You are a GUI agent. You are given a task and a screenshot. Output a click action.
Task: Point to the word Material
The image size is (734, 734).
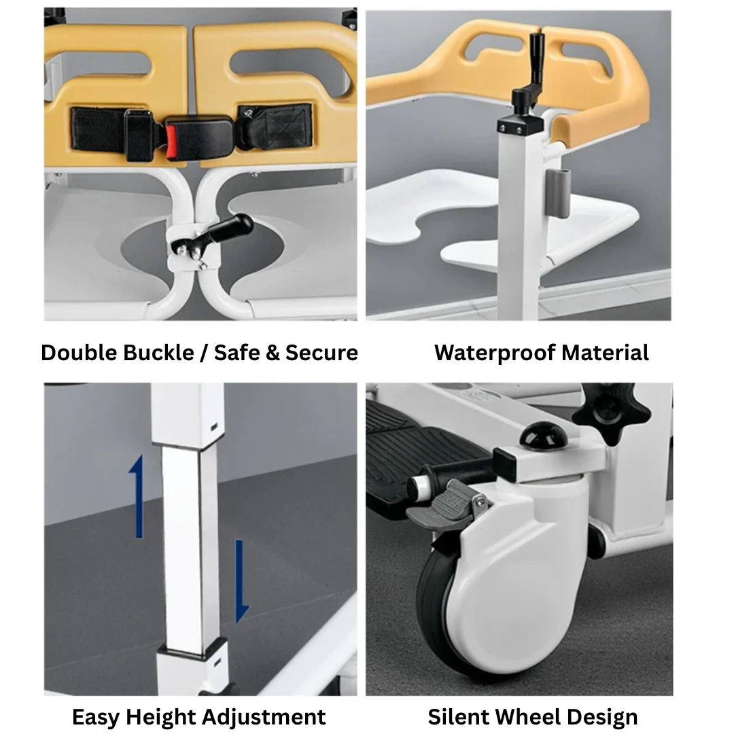coord(605,353)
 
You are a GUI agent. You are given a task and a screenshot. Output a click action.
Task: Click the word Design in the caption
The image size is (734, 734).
coord(604,717)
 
